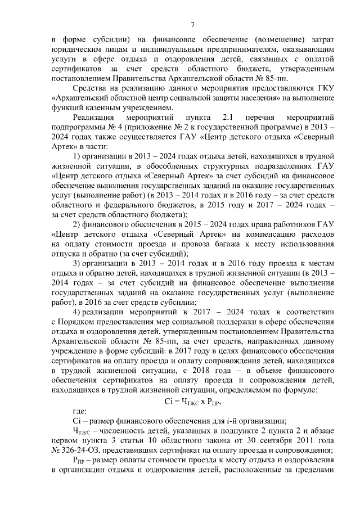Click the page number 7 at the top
(192, 24)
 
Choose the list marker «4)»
(79, 312)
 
